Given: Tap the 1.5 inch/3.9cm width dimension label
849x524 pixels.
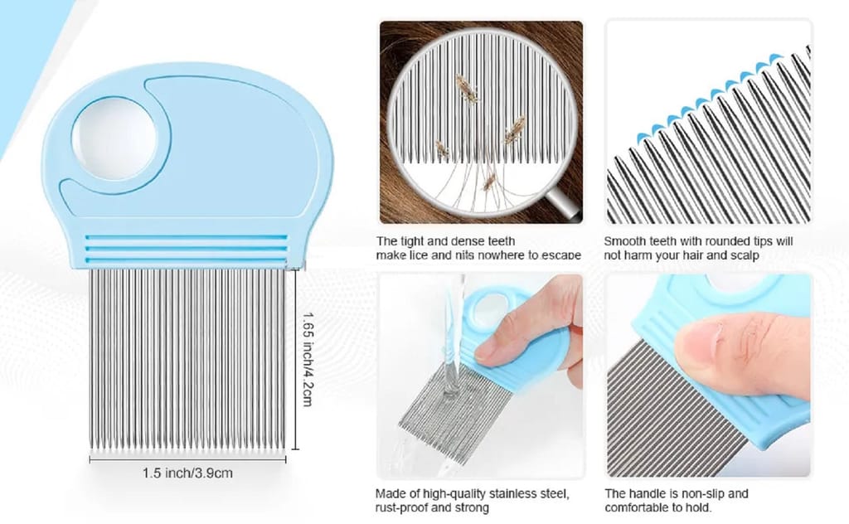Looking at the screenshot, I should [187, 473].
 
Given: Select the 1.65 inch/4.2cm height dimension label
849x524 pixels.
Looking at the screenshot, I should [307, 358].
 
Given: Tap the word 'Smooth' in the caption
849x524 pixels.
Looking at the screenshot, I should [624, 241].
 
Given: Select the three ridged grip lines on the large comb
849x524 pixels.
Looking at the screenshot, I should [186, 245].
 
